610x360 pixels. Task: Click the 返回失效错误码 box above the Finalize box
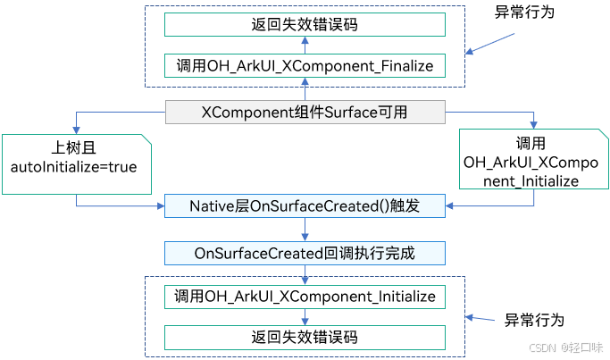point(305,24)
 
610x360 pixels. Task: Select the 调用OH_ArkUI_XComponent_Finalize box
point(305,65)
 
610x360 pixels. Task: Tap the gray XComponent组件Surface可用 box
point(305,113)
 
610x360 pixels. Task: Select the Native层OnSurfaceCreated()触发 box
point(305,206)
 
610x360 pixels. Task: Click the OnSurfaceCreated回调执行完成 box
point(305,253)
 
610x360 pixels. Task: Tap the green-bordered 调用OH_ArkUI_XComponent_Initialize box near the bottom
point(305,297)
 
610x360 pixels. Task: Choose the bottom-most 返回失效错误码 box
point(305,338)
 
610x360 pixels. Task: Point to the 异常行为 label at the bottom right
point(534,319)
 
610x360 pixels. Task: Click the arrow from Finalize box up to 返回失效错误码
point(305,45)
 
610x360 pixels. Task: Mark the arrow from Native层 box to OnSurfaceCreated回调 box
point(305,230)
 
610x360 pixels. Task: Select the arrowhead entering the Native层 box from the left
point(161,206)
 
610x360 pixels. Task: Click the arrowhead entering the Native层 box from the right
point(449,206)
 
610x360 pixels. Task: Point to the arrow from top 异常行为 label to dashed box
point(491,44)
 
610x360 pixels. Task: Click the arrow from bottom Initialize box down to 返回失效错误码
point(305,317)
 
